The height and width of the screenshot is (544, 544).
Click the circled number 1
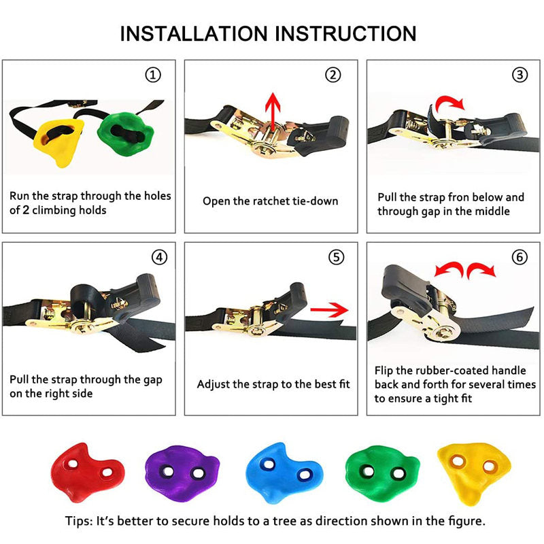[x=153, y=75]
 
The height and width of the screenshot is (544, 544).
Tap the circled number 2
[x=333, y=75]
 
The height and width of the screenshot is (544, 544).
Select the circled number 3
[x=520, y=75]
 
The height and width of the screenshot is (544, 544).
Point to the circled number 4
[x=159, y=258]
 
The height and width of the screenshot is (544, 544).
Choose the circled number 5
[x=336, y=258]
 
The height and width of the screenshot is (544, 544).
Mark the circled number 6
[x=520, y=258]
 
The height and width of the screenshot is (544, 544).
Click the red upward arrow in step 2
[x=273, y=112]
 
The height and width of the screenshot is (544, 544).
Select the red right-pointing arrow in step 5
[x=329, y=309]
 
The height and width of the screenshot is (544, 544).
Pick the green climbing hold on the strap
[x=126, y=133]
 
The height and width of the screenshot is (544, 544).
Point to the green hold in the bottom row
[x=382, y=474]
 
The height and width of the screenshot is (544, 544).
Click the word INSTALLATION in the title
[x=194, y=33]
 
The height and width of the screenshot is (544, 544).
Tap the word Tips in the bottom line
[x=78, y=521]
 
